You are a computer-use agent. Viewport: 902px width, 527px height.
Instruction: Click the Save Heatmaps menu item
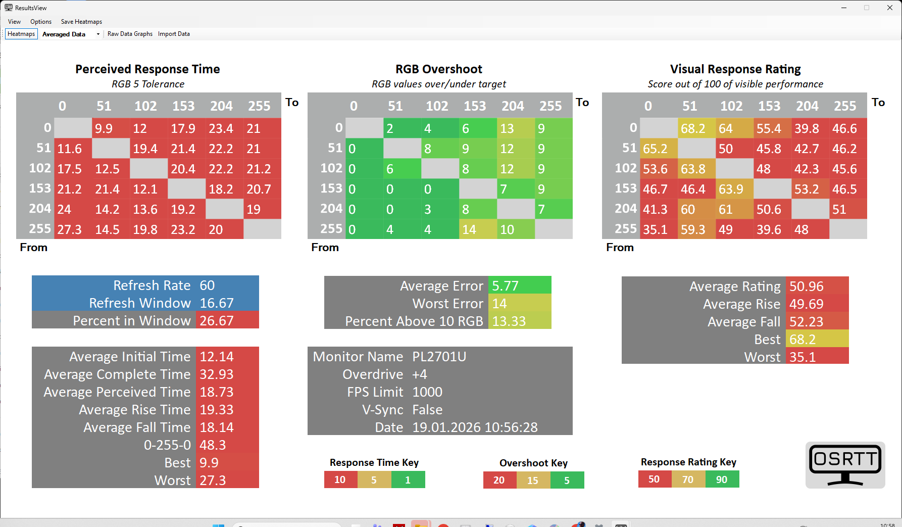click(81, 22)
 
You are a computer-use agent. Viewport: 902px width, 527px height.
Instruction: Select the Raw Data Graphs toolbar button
click(130, 34)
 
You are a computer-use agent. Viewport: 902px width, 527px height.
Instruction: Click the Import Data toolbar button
click(174, 34)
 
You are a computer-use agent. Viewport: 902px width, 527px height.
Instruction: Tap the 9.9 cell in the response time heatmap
click(111, 128)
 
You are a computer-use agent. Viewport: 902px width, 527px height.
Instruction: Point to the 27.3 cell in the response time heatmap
click(73, 229)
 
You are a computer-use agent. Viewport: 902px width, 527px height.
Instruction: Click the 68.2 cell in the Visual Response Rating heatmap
click(696, 128)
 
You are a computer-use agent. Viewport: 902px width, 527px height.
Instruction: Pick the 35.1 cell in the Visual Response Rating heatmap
click(659, 229)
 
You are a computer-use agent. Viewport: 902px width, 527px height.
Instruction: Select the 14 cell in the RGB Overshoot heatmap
click(478, 229)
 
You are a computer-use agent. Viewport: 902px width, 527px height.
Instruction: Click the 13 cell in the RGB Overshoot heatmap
click(516, 128)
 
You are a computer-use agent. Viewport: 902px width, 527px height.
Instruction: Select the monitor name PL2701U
click(439, 357)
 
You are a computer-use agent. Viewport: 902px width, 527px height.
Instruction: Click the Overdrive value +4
click(420, 374)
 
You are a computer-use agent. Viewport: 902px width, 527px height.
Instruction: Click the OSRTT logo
click(845, 465)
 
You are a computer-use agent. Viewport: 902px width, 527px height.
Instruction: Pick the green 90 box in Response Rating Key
click(722, 480)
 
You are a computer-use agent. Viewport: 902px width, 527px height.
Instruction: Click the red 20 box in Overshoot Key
click(499, 480)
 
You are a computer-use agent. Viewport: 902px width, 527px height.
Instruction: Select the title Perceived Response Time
click(147, 69)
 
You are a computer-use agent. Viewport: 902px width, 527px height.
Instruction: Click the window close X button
click(890, 8)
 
